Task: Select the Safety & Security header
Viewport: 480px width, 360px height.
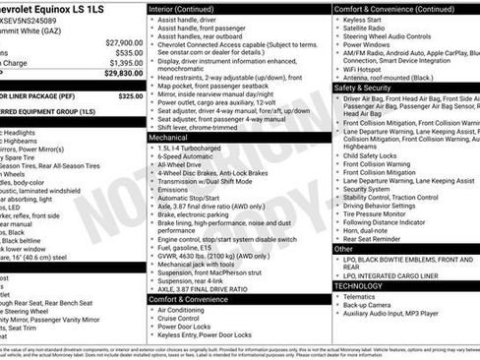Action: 369,87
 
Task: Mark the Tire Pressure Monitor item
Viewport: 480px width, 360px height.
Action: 384,214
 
